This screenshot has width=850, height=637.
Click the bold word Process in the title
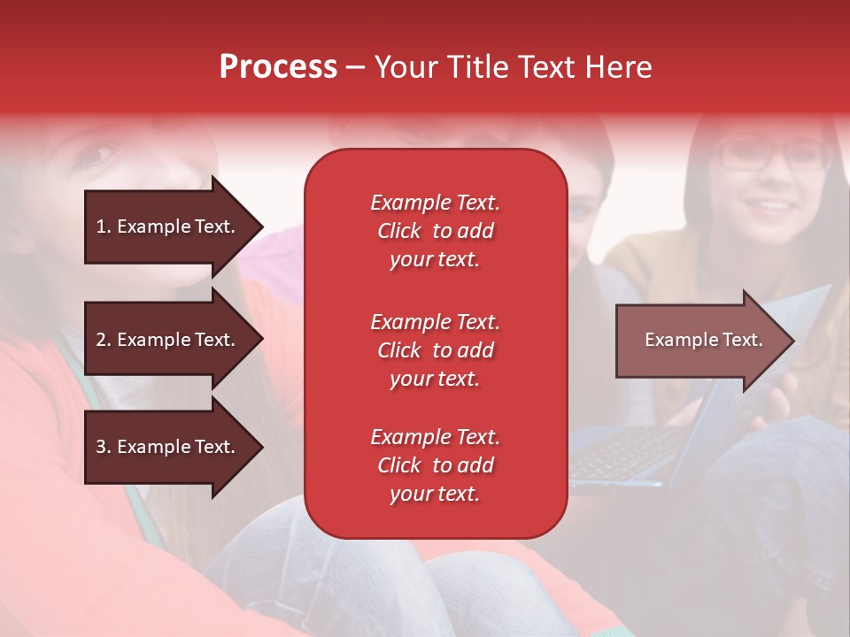click(x=278, y=67)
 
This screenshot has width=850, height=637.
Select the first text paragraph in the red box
click(x=435, y=231)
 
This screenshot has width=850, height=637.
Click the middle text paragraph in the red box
click(x=435, y=350)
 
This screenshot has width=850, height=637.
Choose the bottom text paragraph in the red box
click(x=435, y=465)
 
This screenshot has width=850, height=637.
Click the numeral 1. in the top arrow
click(x=103, y=226)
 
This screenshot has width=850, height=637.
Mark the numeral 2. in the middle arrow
click(x=103, y=340)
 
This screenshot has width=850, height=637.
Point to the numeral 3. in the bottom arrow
click(x=103, y=447)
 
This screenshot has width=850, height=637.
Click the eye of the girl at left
click(x=99, y=157)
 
